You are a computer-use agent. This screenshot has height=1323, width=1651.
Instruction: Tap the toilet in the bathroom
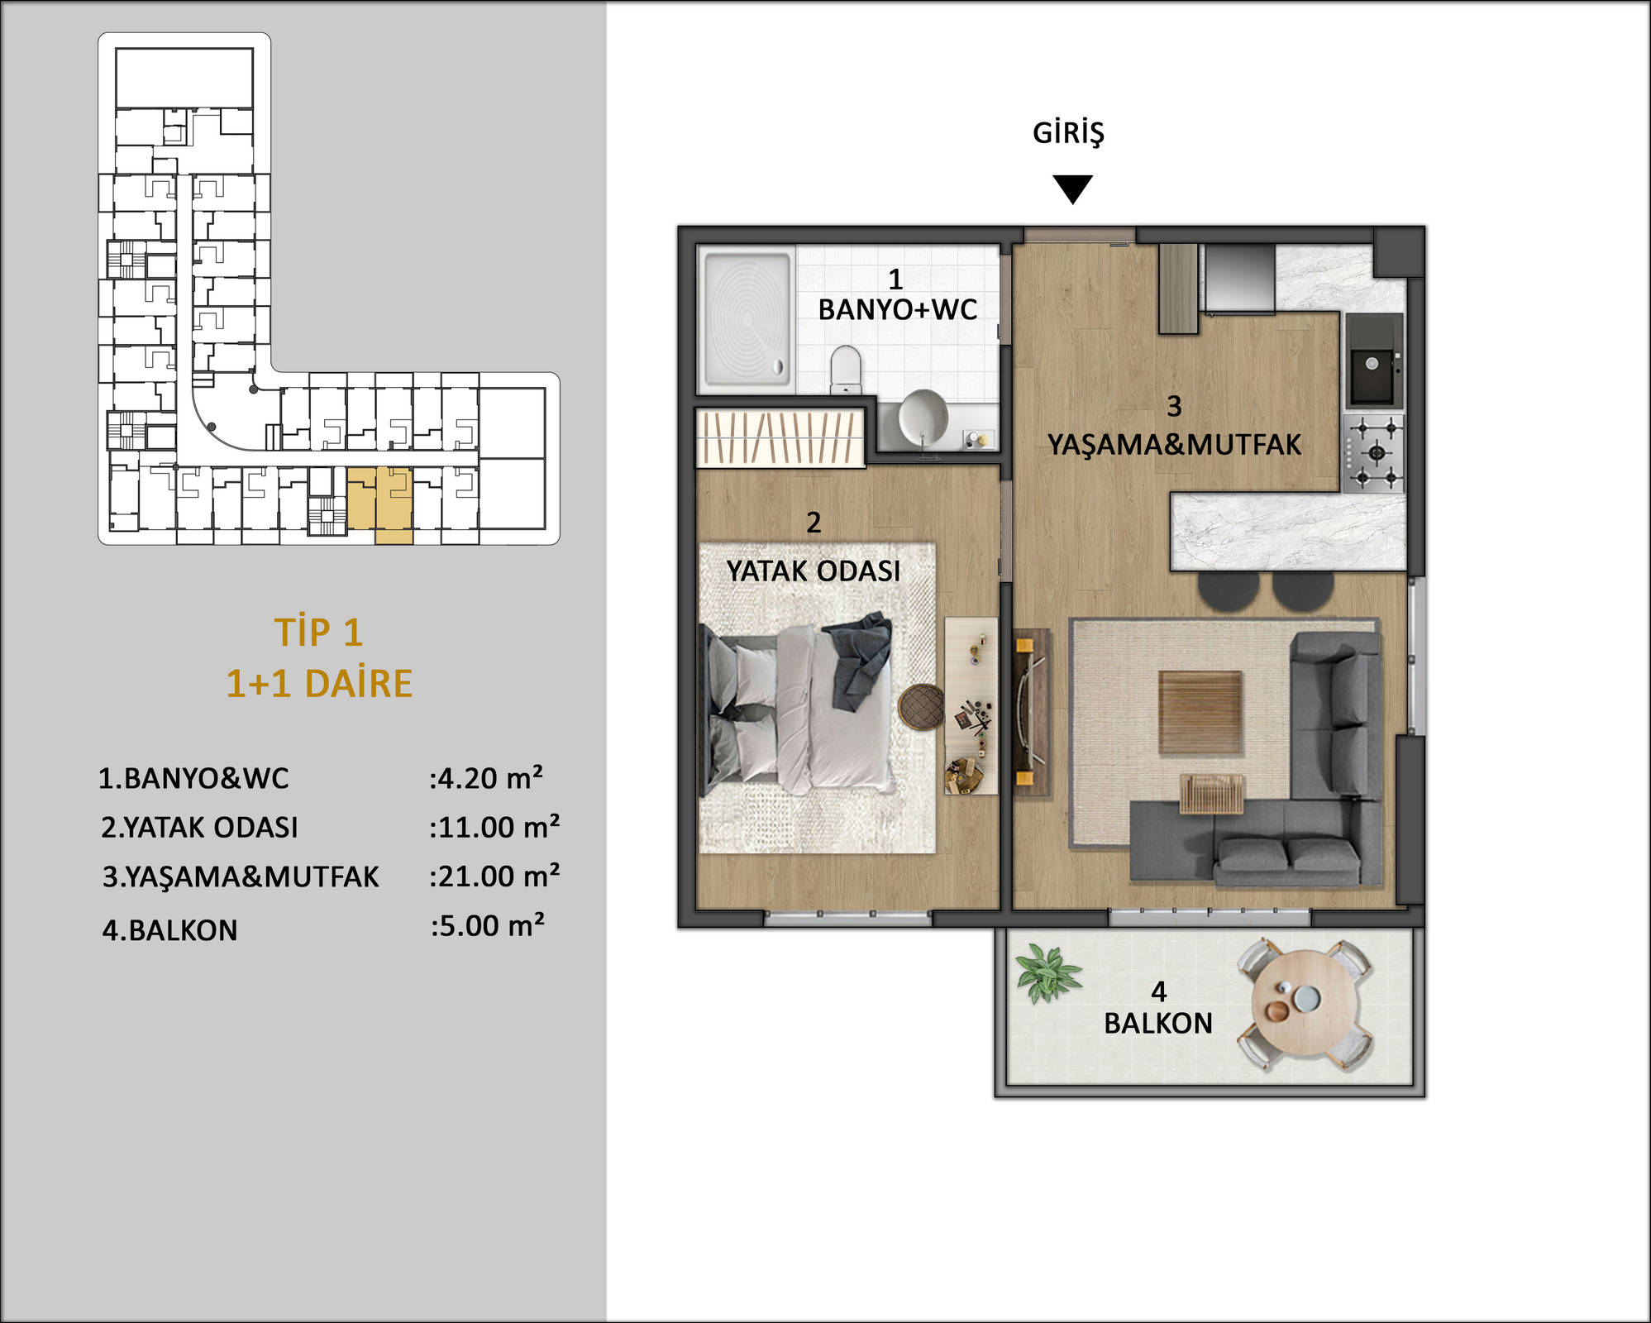point(846,370)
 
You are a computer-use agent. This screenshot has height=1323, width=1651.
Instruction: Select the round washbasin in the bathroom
point(923,416)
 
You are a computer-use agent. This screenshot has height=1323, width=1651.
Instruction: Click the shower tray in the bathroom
point(747,319)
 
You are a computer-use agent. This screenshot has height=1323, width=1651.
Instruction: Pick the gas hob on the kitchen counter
point(1374,453)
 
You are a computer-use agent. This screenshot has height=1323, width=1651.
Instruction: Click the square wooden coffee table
point(1200,713)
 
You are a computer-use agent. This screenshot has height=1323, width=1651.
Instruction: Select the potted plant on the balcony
point(1047,972)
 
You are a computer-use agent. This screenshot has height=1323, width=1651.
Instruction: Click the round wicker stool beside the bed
point(921,707)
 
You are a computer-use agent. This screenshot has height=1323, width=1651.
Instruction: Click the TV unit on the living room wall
point(1032,714)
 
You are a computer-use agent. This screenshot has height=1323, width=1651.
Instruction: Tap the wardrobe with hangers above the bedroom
point(780,437)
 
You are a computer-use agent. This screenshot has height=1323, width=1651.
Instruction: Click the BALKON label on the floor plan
point(1158,1024)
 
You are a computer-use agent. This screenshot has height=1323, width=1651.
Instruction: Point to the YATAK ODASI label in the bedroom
point(813,571)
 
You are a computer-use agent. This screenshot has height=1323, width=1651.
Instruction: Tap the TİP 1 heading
point(318,633)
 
